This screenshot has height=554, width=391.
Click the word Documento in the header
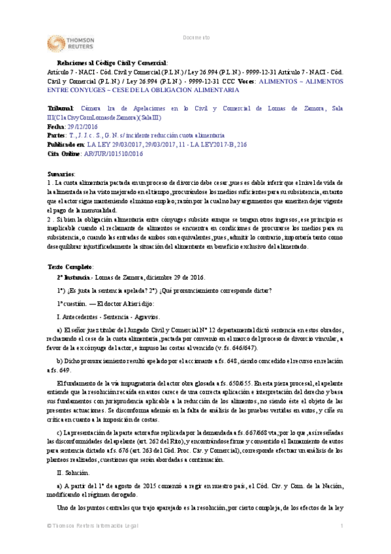tap(196, 37)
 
